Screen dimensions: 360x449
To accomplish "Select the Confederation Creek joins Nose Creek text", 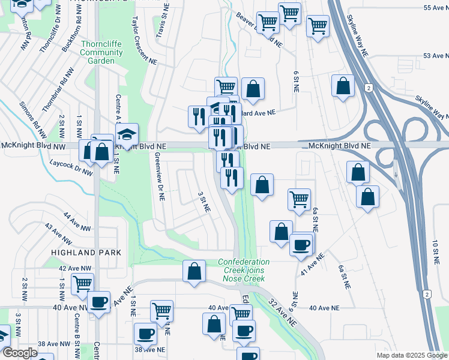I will coord(244,271).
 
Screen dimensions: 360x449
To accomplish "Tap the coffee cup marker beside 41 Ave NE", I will coord(301,244).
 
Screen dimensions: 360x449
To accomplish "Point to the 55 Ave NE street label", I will coord(436,7).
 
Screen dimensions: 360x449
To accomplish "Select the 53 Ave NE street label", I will coord(436,55).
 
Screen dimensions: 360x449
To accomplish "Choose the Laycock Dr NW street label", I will coord(71,167).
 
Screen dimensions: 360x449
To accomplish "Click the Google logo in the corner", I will coord(19,353).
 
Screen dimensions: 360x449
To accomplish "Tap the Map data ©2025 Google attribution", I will coord(411,355).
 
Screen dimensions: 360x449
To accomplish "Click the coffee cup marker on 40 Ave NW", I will coord(98,301).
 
